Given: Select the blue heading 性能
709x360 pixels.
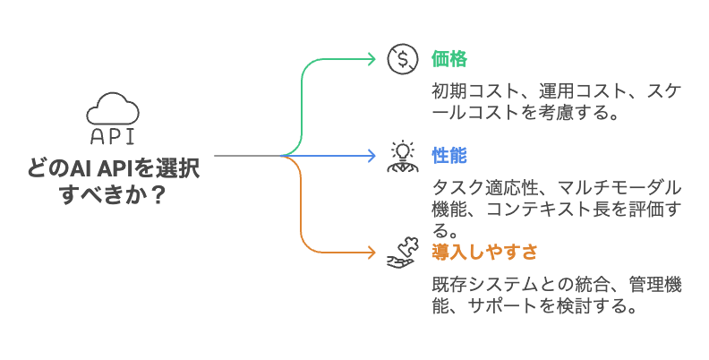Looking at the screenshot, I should pos(449,155).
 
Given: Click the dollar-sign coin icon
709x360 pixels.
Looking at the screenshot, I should pos(403,59).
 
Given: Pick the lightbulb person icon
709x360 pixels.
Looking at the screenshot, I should pos(401,155).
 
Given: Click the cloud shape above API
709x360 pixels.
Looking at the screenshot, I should pos(112,110).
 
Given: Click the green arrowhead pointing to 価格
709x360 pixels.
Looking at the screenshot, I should pos(372,59).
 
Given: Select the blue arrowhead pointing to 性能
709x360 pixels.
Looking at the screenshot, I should pos(372,156).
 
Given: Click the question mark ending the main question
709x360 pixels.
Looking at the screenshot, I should pos(156,193).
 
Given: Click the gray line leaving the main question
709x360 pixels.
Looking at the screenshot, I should pos(246,156).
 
